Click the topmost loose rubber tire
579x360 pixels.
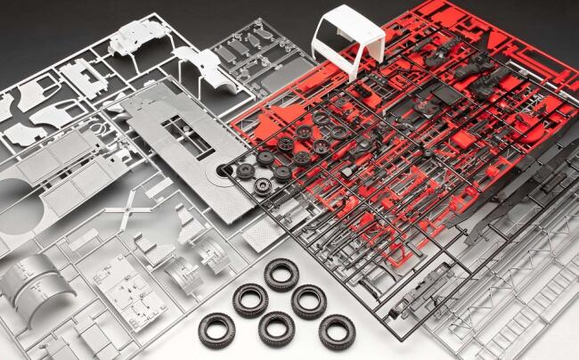point(281,273)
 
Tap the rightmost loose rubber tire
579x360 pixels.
point(337,331)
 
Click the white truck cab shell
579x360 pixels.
point(349,40)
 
